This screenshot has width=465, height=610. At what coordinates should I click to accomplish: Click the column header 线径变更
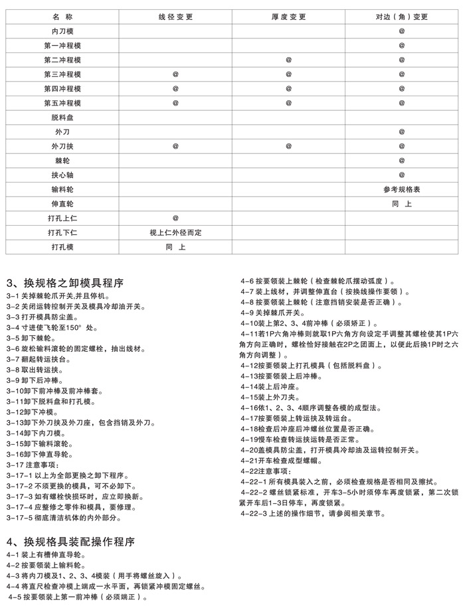(176, 16)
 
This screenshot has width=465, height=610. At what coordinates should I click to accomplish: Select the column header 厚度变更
(288, 16)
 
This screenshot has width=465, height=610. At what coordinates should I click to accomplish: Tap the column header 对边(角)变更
(402, 16)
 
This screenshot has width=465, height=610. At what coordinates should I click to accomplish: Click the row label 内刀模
(62, 31)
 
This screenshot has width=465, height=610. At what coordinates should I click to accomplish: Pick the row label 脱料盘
(62, 117)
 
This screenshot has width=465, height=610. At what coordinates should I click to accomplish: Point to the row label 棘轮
(62, 161)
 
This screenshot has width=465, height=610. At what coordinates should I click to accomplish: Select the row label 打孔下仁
(62, 232)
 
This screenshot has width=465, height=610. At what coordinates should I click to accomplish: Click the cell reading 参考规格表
(402, 190)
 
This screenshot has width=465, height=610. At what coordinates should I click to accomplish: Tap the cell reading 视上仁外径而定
(176, 232)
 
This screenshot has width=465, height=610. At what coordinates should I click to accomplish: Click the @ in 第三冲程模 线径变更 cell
(176, 74)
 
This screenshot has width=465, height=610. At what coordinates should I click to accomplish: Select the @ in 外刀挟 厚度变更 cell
(288, 146)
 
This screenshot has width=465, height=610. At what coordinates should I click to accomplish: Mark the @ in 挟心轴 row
(402, 175)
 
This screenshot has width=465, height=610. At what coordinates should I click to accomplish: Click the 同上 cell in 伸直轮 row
(402, 204)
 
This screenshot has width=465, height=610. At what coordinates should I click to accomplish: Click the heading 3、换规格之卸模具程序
(64, 282)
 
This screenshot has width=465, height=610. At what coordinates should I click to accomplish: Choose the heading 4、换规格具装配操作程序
(70, 541)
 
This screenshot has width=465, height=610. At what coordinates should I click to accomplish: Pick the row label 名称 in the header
(62, 16)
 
